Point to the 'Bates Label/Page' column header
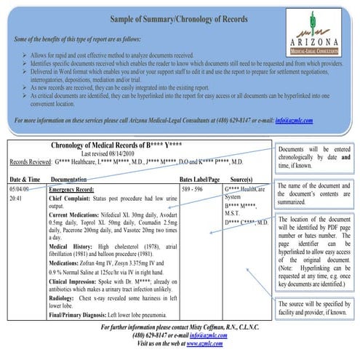[x=200, y=178]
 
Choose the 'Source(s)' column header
[x=241, y=178]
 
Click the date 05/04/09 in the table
[x=20, y=188]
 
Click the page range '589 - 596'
[x=192, y=188]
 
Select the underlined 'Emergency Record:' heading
[x=73, y=188]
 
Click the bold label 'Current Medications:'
[x=78, y=216]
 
